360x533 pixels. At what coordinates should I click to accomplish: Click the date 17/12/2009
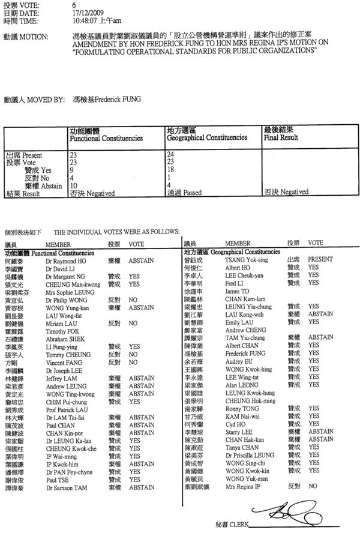coord(85,11)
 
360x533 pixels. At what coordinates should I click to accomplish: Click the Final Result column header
coord(281,137)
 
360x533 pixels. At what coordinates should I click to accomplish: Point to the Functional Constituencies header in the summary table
coord(106,138)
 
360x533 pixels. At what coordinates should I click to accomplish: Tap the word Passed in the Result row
coord(191,193)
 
